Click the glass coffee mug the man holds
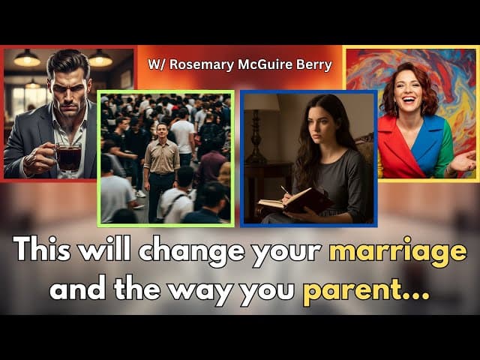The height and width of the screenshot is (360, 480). coord(67,156)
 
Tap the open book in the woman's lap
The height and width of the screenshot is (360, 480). coord(294,202)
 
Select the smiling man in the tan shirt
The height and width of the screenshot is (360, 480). coord(161,172)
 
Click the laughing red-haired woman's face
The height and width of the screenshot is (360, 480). coord(409,89)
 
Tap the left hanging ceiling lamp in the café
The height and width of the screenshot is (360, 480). coord(27,58)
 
